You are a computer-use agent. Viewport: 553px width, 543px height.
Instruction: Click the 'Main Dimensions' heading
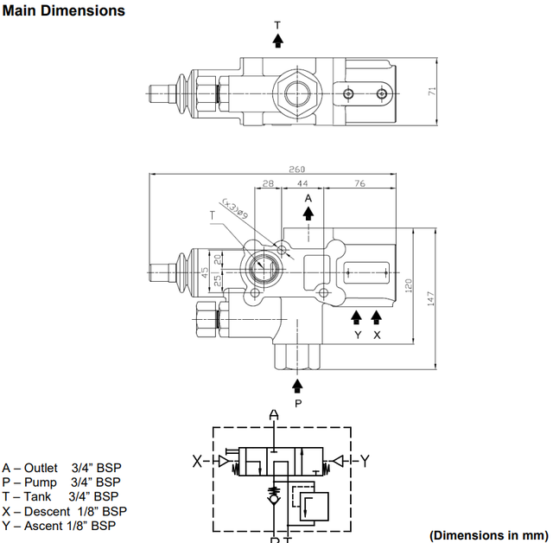click(63, 10)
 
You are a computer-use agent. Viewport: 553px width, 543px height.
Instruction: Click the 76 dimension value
click(359, 183)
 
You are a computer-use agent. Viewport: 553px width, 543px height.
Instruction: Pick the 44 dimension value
click(302, 183)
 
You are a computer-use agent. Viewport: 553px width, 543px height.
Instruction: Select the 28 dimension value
click(268, 183)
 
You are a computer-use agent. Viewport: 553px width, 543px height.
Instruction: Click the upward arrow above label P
click(298, 386)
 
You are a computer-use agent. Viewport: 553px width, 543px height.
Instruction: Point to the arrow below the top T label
click(277, 40)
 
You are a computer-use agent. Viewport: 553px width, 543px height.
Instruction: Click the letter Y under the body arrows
click(358, 334)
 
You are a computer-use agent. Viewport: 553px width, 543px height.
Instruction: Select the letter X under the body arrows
click(376, 334)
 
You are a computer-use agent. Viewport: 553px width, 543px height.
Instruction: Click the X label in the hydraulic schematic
click(197, 461)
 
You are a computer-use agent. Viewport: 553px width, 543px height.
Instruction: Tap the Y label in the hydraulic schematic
click(364, 461)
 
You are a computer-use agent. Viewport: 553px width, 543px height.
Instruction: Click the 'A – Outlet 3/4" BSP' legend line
click(61, 467)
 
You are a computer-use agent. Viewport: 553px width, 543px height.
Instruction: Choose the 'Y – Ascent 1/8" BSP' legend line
click(58, 525)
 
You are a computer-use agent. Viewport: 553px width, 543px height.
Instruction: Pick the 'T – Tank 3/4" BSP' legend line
click(60, 496)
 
